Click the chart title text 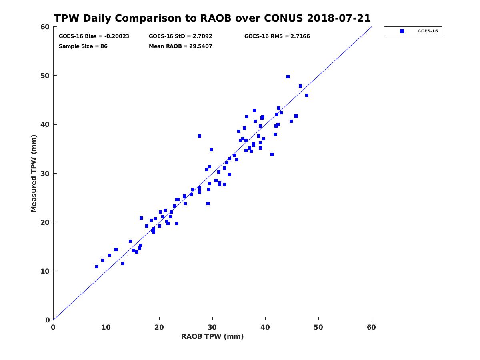point(212,18)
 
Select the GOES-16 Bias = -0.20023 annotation point(94,36)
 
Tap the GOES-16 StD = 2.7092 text point(180,36)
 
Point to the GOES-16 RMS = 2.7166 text point(277,36)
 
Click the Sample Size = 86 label point(83,46)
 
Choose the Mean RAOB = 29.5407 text point(180,46)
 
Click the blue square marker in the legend point(402,31)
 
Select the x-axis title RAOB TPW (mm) point(212,336)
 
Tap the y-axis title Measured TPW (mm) point(34,174)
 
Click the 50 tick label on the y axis point(46,76)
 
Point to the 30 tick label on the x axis point(212,327)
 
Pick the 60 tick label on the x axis point(371,327)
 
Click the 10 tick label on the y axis point(46,271)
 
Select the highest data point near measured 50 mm point(288,77)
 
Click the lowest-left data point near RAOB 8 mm point(97,267)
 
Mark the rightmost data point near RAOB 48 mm point(307,95)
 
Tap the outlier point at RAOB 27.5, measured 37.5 point(200,136)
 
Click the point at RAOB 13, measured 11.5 point(123,264)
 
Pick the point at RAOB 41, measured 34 point(272,154)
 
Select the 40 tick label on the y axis point(46,124)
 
